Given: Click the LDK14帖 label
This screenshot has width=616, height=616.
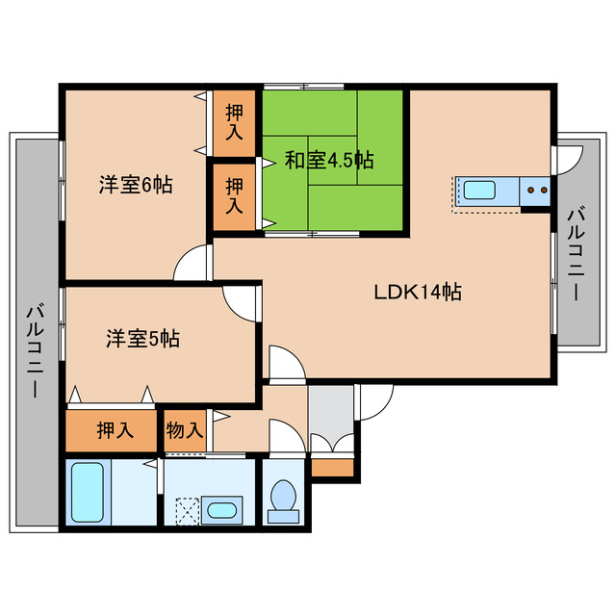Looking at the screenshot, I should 418,292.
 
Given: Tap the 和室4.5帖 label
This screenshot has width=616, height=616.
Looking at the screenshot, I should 329,160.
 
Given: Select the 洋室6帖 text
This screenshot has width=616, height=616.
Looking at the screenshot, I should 136,185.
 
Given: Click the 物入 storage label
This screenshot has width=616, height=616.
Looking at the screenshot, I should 184,429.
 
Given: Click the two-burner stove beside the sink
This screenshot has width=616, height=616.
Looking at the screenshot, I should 536,191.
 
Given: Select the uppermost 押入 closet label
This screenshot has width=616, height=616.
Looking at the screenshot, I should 234,121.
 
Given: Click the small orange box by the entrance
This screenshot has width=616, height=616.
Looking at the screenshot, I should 332,468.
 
